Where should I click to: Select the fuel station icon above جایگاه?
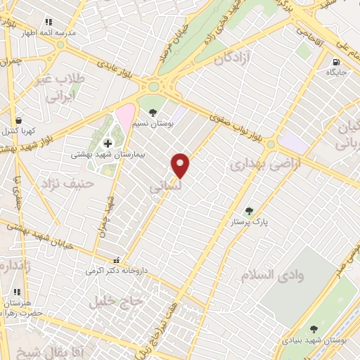[335, 62]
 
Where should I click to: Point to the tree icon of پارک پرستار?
[247, 210]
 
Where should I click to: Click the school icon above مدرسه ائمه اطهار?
[48, 22]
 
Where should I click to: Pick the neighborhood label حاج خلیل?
[115, 300]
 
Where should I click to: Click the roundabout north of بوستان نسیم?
[154, 87]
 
